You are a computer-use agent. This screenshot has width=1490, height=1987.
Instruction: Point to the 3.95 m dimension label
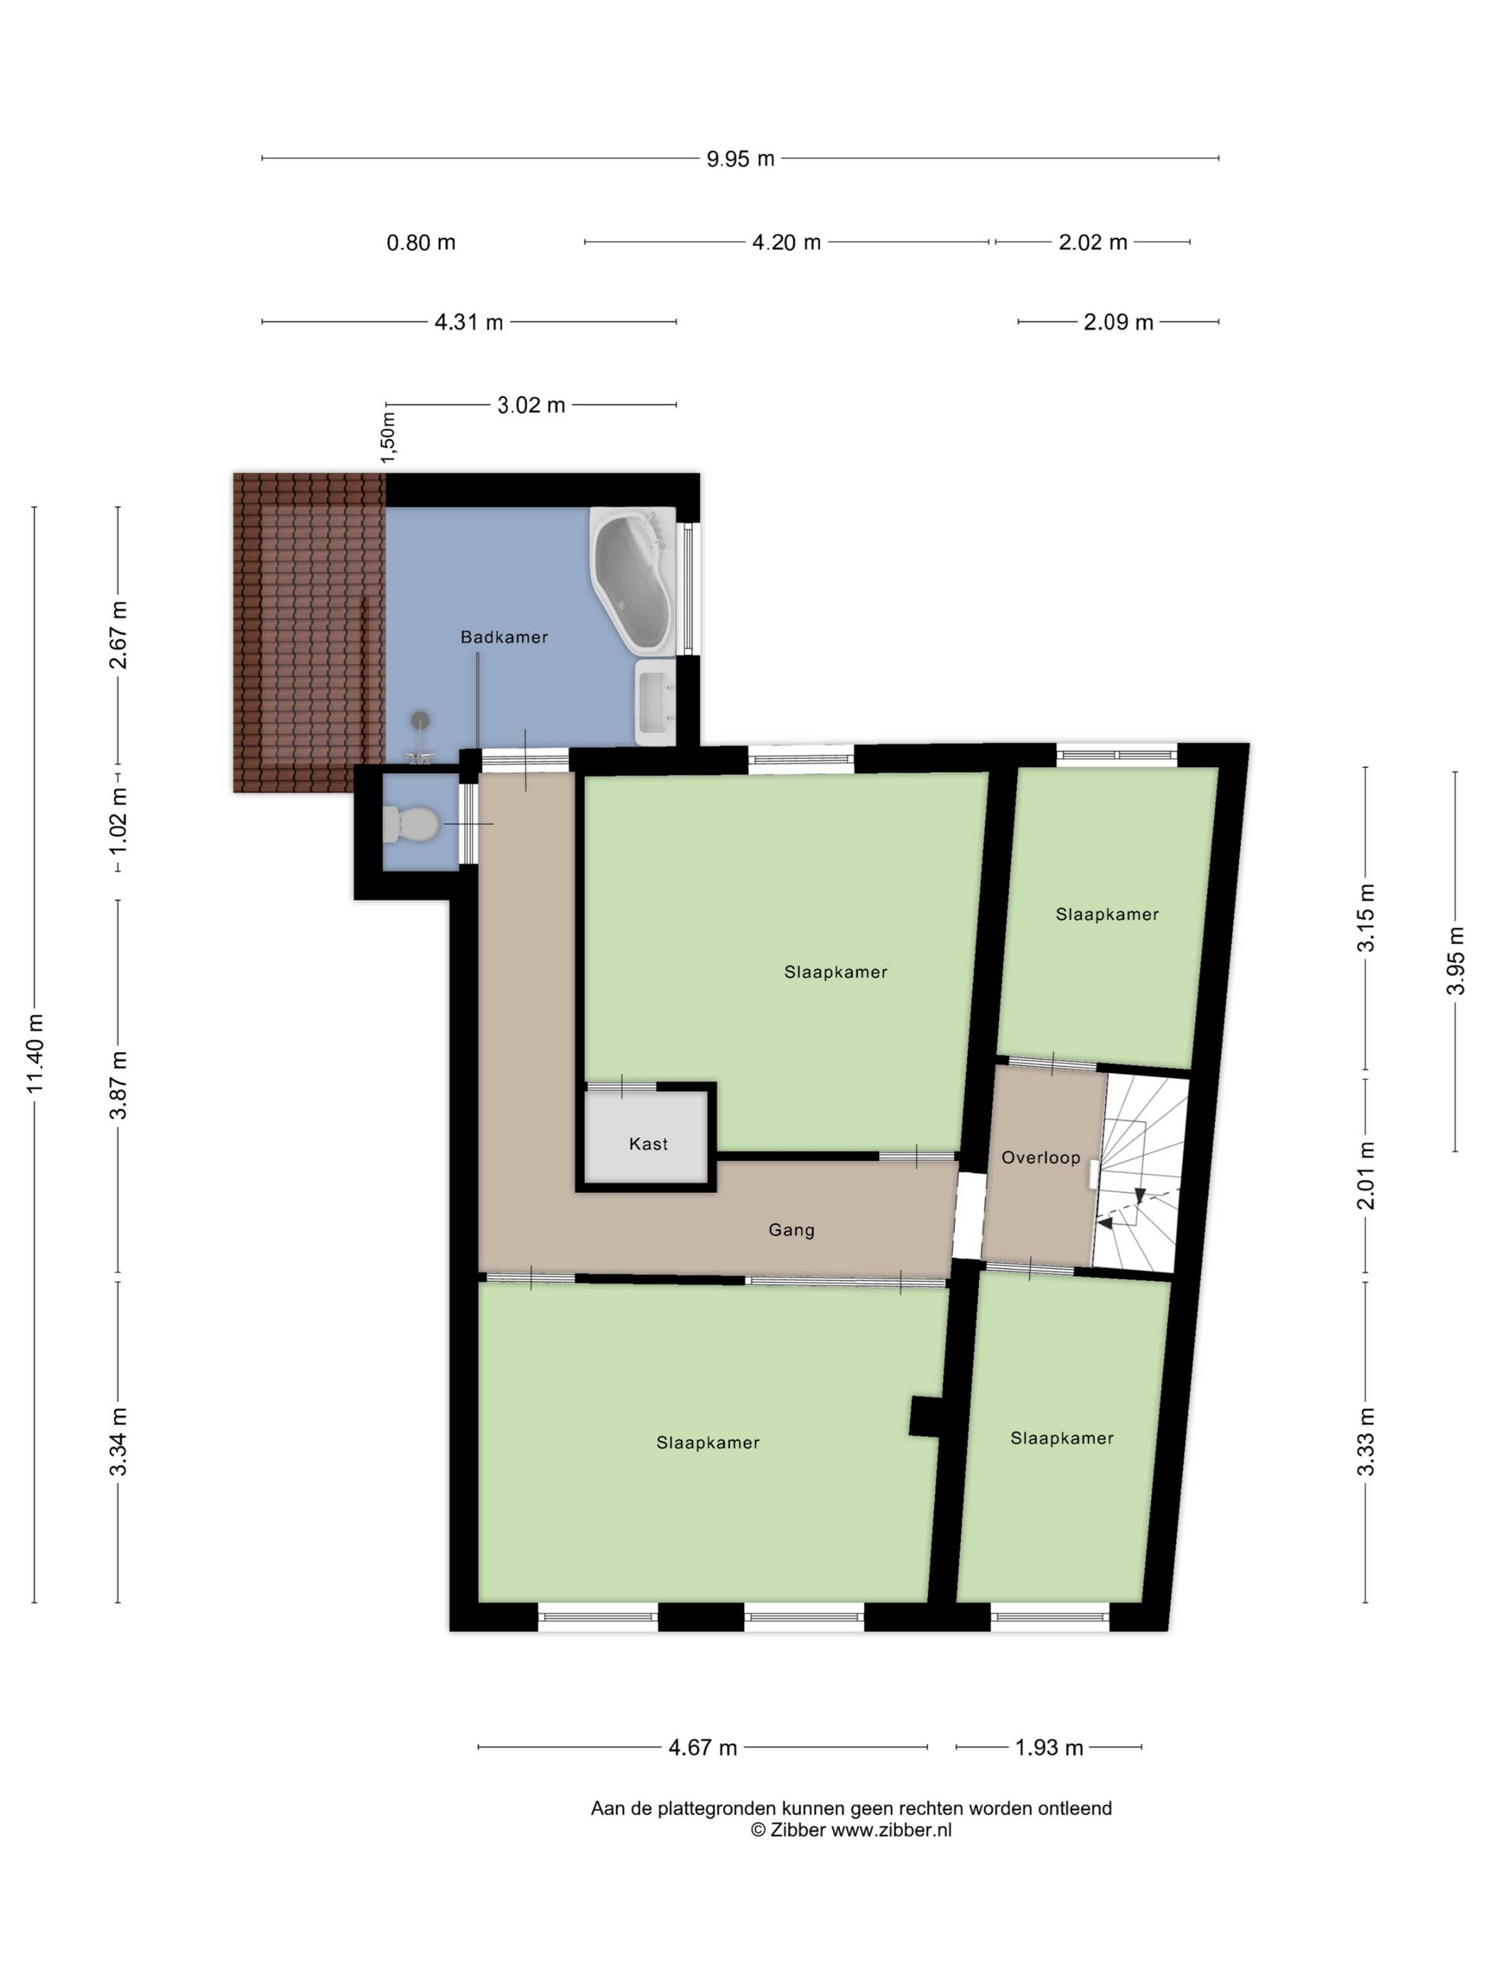click(1455, 960)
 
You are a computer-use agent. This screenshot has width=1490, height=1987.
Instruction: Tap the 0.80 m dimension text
click(421, 243)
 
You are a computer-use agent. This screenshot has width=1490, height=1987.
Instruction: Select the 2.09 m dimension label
click(1118, 322)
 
